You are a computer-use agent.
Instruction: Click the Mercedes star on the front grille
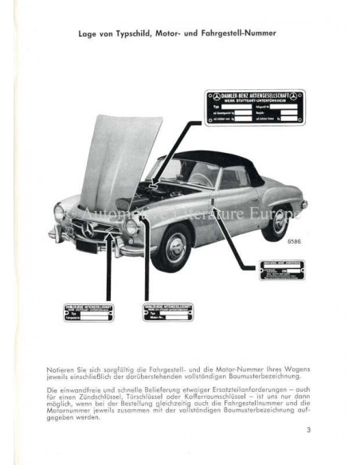pos(88,229)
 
